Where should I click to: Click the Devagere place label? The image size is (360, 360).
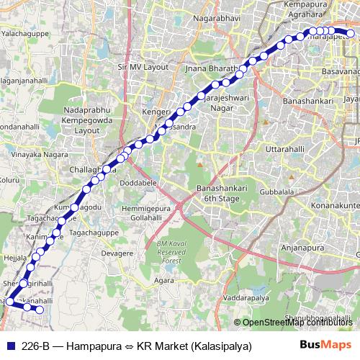[x=117, y=253]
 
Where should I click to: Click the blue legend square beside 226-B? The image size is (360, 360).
[x=9, y=346]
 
